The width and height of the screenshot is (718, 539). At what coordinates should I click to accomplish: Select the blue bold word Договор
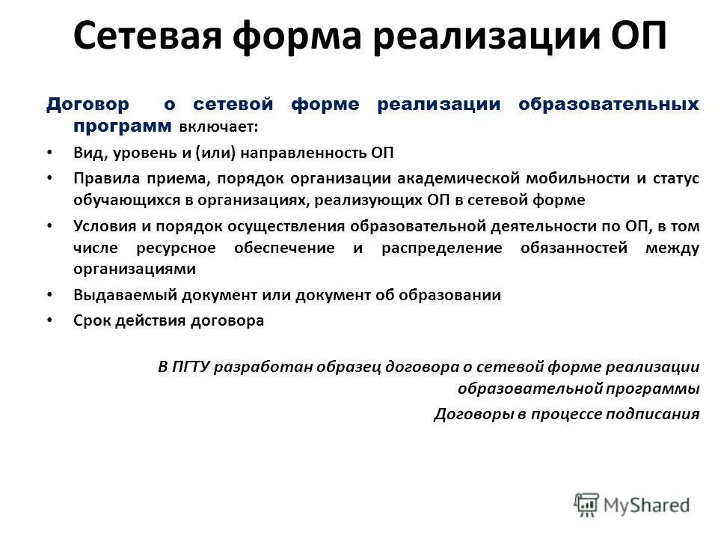tap(88, 104)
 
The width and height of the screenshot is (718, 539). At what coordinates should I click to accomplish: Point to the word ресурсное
tap(177, 248)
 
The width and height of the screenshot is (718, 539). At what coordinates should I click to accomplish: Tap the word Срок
tap(91, 320)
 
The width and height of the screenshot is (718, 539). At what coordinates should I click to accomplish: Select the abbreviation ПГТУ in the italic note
tap(193, 368)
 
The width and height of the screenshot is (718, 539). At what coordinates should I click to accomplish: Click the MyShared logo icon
tap(587, 504)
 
